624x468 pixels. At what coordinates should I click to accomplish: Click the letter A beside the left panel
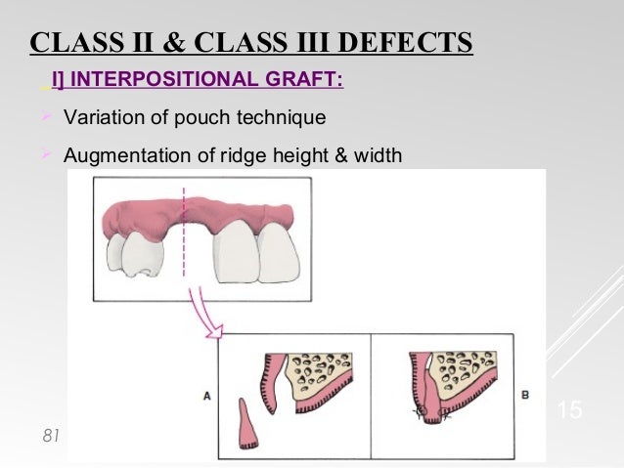(207, 397)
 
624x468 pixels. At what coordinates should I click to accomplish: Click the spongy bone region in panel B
(469, 366)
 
